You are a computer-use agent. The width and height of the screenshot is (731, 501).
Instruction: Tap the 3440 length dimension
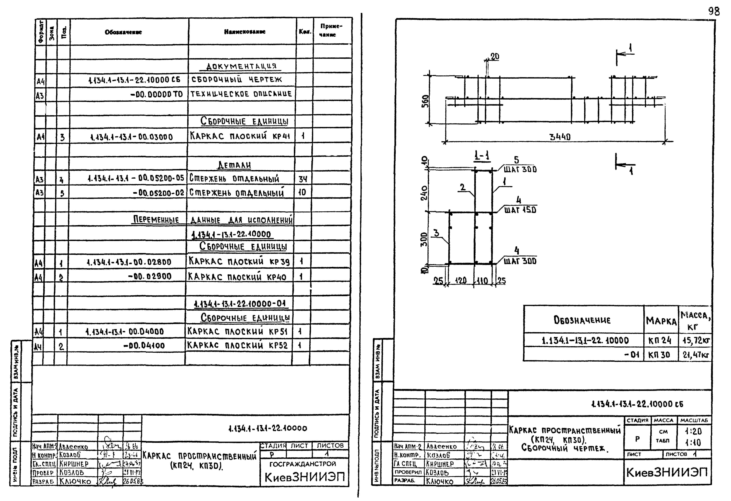coord(560,137)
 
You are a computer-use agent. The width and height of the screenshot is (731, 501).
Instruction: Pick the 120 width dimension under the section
coord(461,281)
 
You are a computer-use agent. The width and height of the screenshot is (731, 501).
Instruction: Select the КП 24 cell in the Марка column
coord(660,340)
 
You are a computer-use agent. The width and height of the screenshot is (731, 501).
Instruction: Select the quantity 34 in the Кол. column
coord(303,179)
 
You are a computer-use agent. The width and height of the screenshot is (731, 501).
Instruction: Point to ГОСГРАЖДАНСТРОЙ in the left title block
coord(303,464)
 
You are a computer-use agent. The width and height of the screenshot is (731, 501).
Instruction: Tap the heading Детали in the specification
coord(234,165)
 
